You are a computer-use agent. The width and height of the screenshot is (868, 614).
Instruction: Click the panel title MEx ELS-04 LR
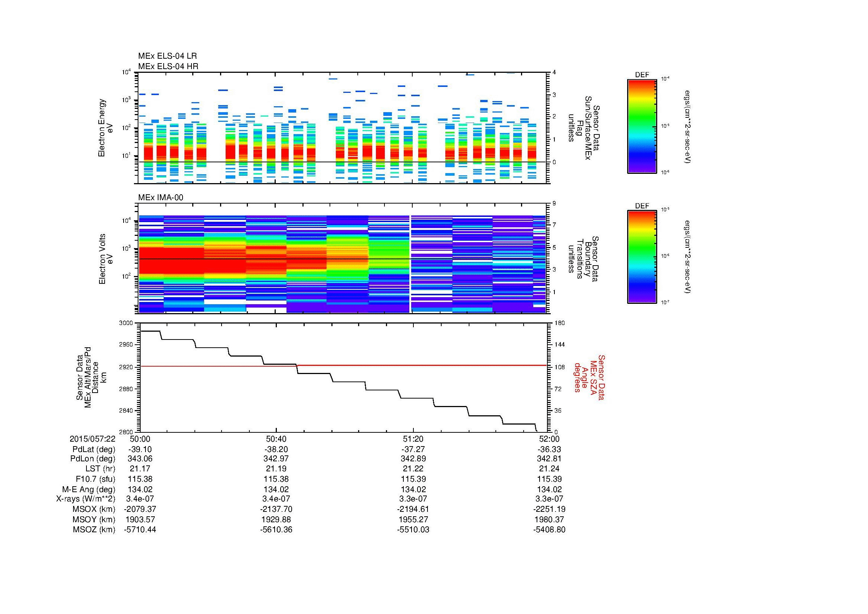(x=167, y=56)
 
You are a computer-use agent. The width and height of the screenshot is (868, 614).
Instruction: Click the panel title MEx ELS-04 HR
(x=168, y=66)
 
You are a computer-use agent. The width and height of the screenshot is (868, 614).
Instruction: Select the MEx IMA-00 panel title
(x=160, y=198)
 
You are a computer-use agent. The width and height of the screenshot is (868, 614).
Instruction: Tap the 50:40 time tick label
(x=276, y=439)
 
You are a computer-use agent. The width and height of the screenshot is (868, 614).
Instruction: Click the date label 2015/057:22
(x=93, y=439)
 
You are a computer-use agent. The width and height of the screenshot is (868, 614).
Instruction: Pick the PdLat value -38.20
(x=276, y=449)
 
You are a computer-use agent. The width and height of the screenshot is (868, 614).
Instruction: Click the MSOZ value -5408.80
(x=549, y=530)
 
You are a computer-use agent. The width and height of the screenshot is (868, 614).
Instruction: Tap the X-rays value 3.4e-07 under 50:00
(x=140, y=499)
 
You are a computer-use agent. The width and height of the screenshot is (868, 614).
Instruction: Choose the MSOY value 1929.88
(x=276, y=519)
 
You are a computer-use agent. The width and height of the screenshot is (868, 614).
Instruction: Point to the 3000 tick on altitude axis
(x=126, y=323)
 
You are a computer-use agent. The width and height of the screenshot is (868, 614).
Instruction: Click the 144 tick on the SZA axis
(x=559, y=345)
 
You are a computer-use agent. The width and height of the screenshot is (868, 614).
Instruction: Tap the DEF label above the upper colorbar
(x=642, y=75)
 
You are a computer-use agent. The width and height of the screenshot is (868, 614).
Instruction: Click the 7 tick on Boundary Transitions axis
(x=554, y=225)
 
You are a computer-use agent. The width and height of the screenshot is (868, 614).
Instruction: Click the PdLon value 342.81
(x=549, y=459)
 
